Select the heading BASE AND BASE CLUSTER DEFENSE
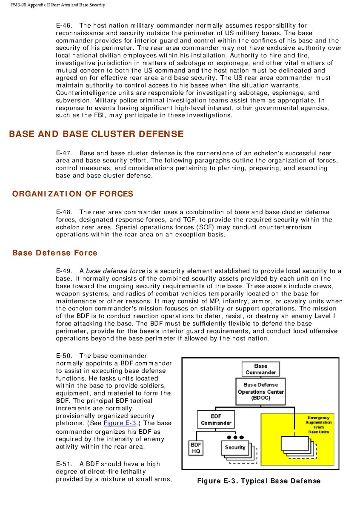click(96, 134)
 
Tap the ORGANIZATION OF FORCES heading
click(73, 194)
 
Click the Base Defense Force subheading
click(55, 253)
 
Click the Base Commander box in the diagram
click(260, 369)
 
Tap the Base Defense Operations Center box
click(260, 392)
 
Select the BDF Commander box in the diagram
click(216, 419)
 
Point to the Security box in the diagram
click(235, 447)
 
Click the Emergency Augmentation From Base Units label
click(319, 425)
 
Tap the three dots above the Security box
click(235, 437)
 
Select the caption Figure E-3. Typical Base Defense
click(259, 481)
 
